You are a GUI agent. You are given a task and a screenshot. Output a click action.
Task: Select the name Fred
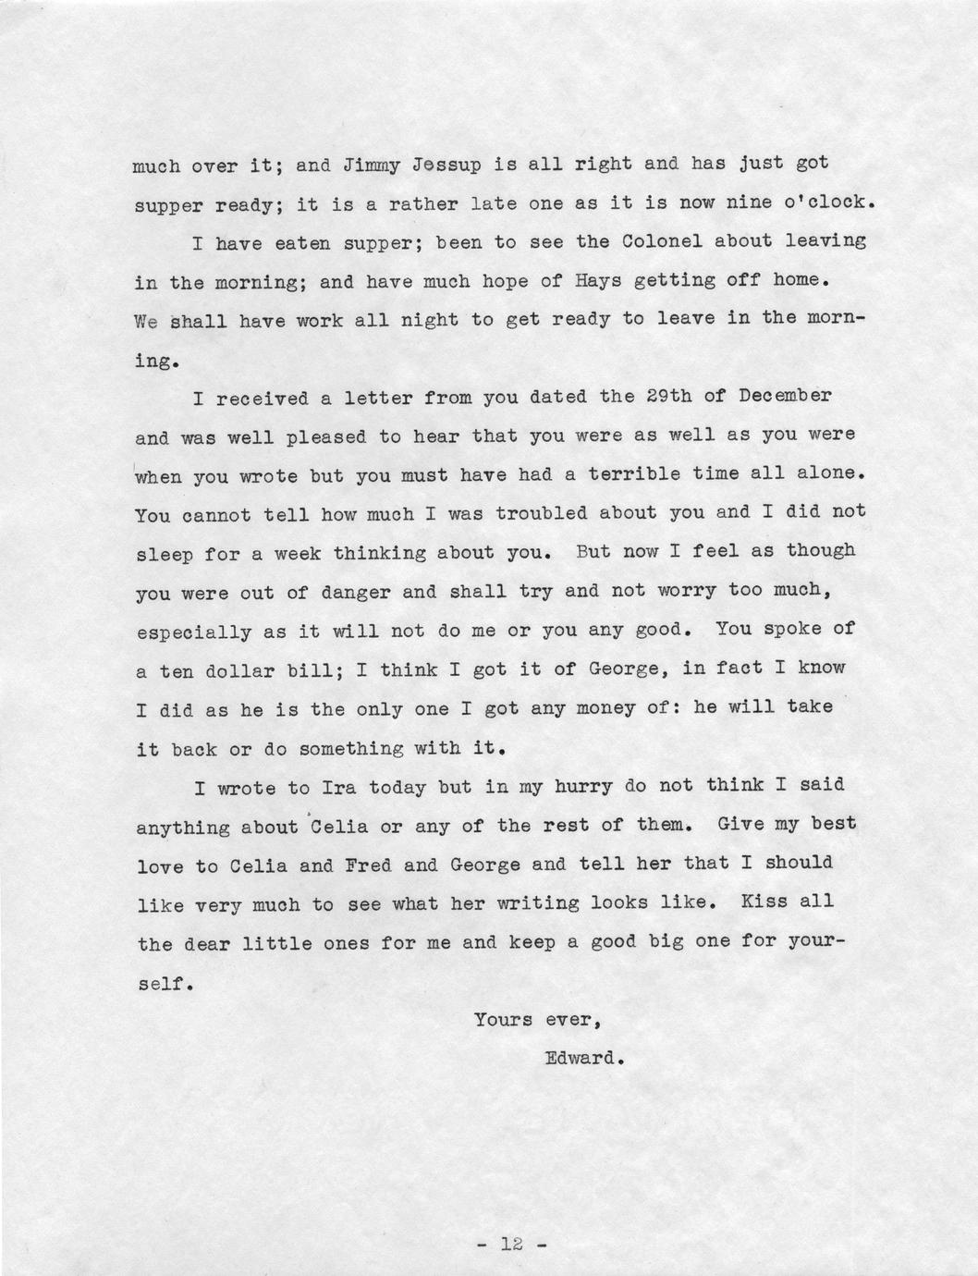(x=368, y=866)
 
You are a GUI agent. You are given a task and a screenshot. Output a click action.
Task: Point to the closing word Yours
(x=504, y=1022)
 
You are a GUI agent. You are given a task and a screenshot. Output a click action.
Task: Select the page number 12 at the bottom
(x=513, y=1245)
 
